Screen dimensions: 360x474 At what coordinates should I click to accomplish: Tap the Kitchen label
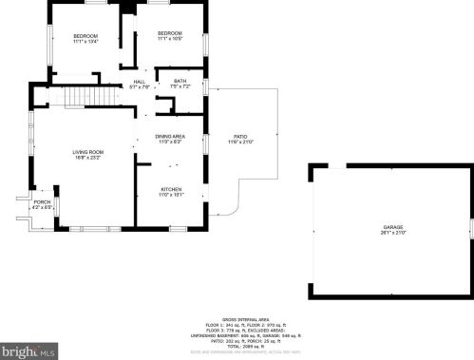(x=171, y=189)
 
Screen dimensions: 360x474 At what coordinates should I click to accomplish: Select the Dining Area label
(x=170, y=137)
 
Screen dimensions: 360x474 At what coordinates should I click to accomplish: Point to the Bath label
(x=180, y=81)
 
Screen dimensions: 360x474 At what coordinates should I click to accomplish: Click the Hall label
(x=140, y=82)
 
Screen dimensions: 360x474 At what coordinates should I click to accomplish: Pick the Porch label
(x=42, y=201)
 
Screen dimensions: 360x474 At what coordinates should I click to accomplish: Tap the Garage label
(x=393, y=227)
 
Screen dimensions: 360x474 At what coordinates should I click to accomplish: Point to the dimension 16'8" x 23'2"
(x=88, y=158)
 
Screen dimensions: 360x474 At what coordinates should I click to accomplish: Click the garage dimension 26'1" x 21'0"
(x=393, y=233)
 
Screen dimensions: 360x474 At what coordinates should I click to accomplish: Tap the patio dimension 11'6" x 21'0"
(x=240, y=142)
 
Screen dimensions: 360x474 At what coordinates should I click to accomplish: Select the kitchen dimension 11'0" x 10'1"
(x=171, y=195)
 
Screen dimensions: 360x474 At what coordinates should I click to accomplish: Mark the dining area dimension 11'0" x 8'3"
(x=170, y=142)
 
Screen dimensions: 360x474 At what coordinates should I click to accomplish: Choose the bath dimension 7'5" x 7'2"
(x=180, y=86)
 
